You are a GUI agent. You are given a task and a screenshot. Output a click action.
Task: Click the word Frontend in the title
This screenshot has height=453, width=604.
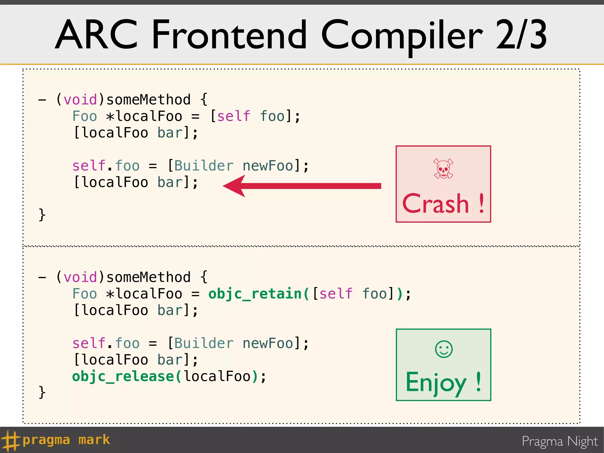[229, 35]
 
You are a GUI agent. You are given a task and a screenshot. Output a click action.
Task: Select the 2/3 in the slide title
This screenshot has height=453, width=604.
[521, 35]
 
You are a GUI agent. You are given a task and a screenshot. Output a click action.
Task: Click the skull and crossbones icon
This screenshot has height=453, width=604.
[443, 169]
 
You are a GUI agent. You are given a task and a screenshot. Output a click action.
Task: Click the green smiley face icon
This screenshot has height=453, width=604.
[444, 349]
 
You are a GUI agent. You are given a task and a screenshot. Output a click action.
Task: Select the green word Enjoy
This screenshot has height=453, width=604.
[436, 382]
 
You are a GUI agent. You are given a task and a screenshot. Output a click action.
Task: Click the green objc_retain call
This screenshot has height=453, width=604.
[255, 294]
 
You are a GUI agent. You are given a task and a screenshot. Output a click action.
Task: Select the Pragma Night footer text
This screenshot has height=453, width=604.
[559, 441]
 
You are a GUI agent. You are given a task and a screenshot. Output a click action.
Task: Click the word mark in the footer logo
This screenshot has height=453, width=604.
[94, 440]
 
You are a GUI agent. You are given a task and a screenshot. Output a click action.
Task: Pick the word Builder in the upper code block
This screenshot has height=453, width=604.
[204, 166]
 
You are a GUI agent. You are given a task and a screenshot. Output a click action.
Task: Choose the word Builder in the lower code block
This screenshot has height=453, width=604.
[204, 343]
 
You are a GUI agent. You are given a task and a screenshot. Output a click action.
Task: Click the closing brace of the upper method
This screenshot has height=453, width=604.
[42, 214]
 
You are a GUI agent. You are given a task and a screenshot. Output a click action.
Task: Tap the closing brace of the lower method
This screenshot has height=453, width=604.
[42, 392]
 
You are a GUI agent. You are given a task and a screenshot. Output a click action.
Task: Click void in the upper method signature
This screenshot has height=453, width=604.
[80, 100]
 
